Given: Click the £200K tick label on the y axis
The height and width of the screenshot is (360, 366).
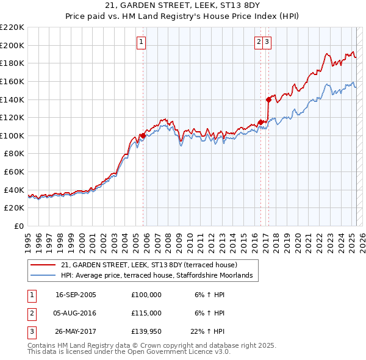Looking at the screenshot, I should coord(12,45).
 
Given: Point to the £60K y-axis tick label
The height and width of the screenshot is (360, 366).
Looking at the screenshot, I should coord(14,172).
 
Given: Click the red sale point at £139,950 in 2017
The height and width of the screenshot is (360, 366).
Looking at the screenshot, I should coord(268,99).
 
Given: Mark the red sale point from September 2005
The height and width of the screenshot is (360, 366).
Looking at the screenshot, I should coord(143,135).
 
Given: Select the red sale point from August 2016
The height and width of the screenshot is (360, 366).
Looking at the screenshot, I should coord(260,122).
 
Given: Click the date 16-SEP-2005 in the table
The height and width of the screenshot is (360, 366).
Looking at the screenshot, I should coord(76,295).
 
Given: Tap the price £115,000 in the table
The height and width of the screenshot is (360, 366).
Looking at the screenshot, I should coord(146,313).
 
